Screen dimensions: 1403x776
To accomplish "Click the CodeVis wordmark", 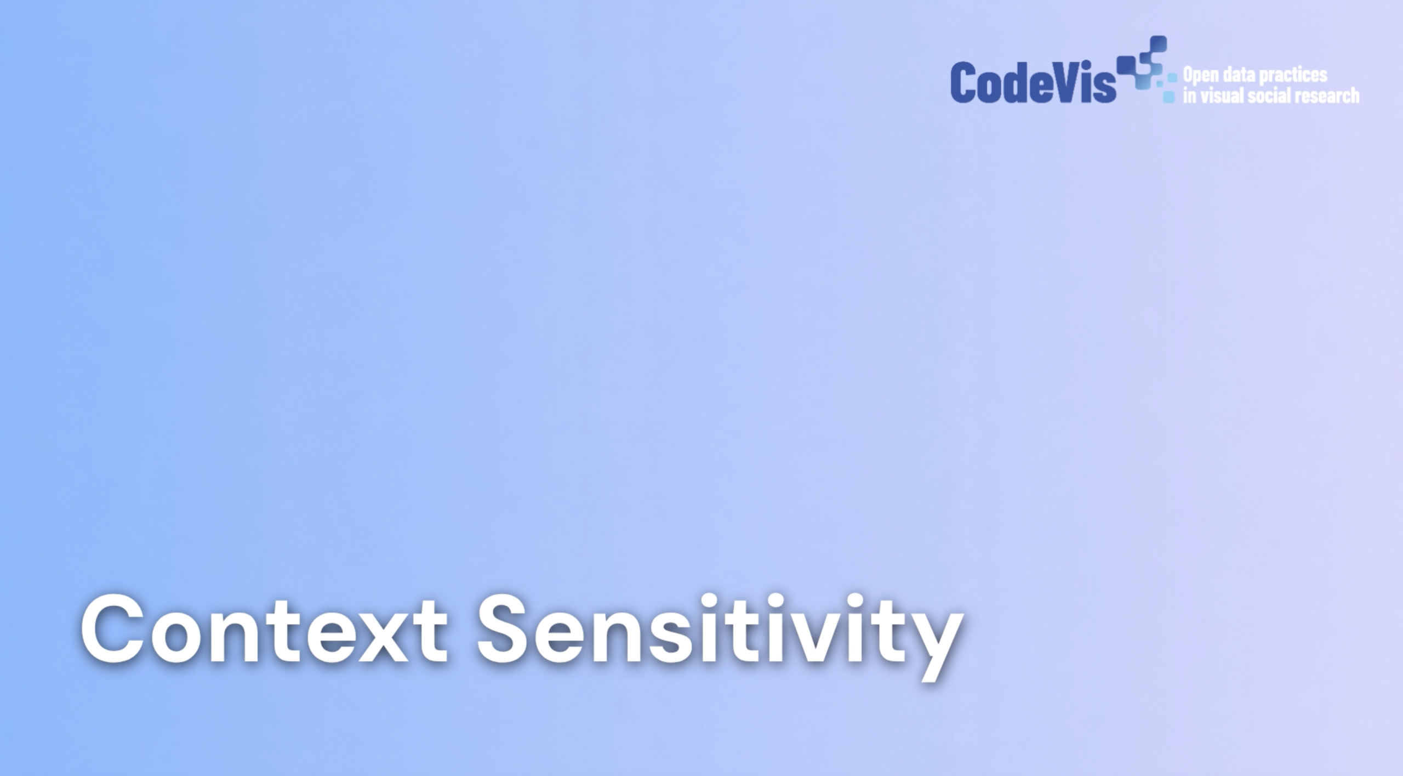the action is (x=1033, y=82).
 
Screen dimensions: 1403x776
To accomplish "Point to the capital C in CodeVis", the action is (x=963, y=82).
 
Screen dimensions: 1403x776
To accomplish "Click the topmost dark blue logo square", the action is (x=1159, y=44).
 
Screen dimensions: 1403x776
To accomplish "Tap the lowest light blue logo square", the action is (x=1169, y=97).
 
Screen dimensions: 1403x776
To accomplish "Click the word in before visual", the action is (x=1190, y=95).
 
